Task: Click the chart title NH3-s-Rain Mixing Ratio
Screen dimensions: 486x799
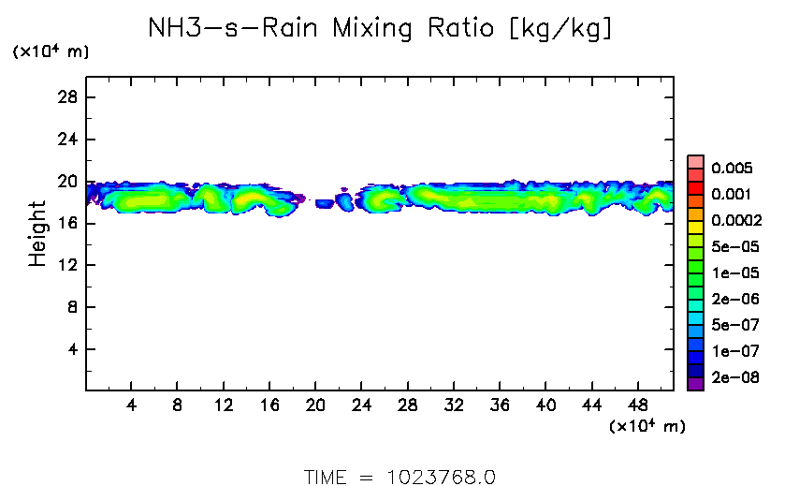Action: [381, 29]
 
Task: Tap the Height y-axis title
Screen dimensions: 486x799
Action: [37, 233]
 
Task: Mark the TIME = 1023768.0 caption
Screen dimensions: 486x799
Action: [399, 476]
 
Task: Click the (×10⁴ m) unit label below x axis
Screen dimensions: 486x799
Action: [646, 426]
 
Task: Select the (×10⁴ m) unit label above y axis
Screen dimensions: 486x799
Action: [51, 52]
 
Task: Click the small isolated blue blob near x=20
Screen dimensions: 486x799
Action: [325, 203]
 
